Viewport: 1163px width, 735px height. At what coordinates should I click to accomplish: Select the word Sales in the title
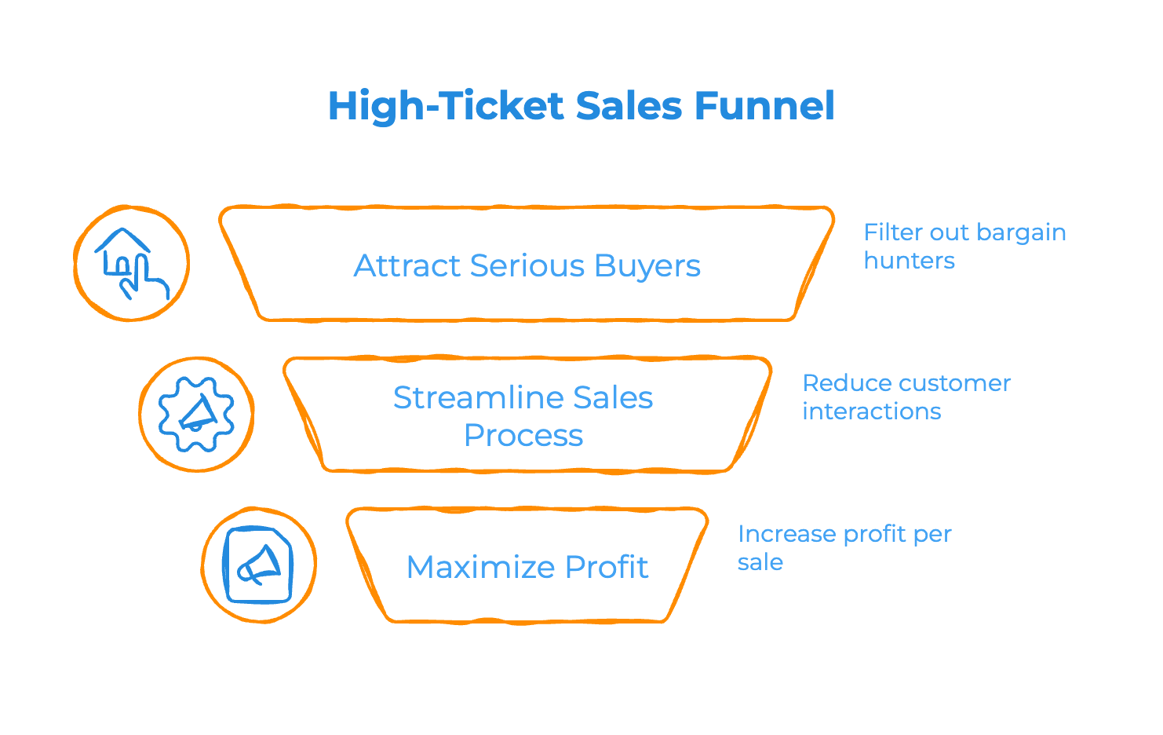click(x=629, y=106)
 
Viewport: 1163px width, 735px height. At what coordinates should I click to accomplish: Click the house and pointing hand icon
click(x=131, y=263)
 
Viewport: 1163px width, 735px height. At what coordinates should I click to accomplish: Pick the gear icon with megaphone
click(x=196, y=414)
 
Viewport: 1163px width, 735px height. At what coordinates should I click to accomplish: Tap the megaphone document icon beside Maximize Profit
click(x=258, y=565)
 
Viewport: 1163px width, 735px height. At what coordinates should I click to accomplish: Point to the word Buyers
click(x=647, y=266)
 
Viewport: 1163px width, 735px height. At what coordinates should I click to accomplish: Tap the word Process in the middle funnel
click(x=523, y=436)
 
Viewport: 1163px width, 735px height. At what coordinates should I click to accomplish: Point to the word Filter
click(x=893, y=232)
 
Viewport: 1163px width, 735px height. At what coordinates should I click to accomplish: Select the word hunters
click(x=909, y=261)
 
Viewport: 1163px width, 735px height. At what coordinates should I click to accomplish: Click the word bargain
click(x=1021, y=232)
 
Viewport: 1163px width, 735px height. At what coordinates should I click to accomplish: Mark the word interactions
click(x=871, y=411)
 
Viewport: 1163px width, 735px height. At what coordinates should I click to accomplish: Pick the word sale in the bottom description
click(x=760, y=562)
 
